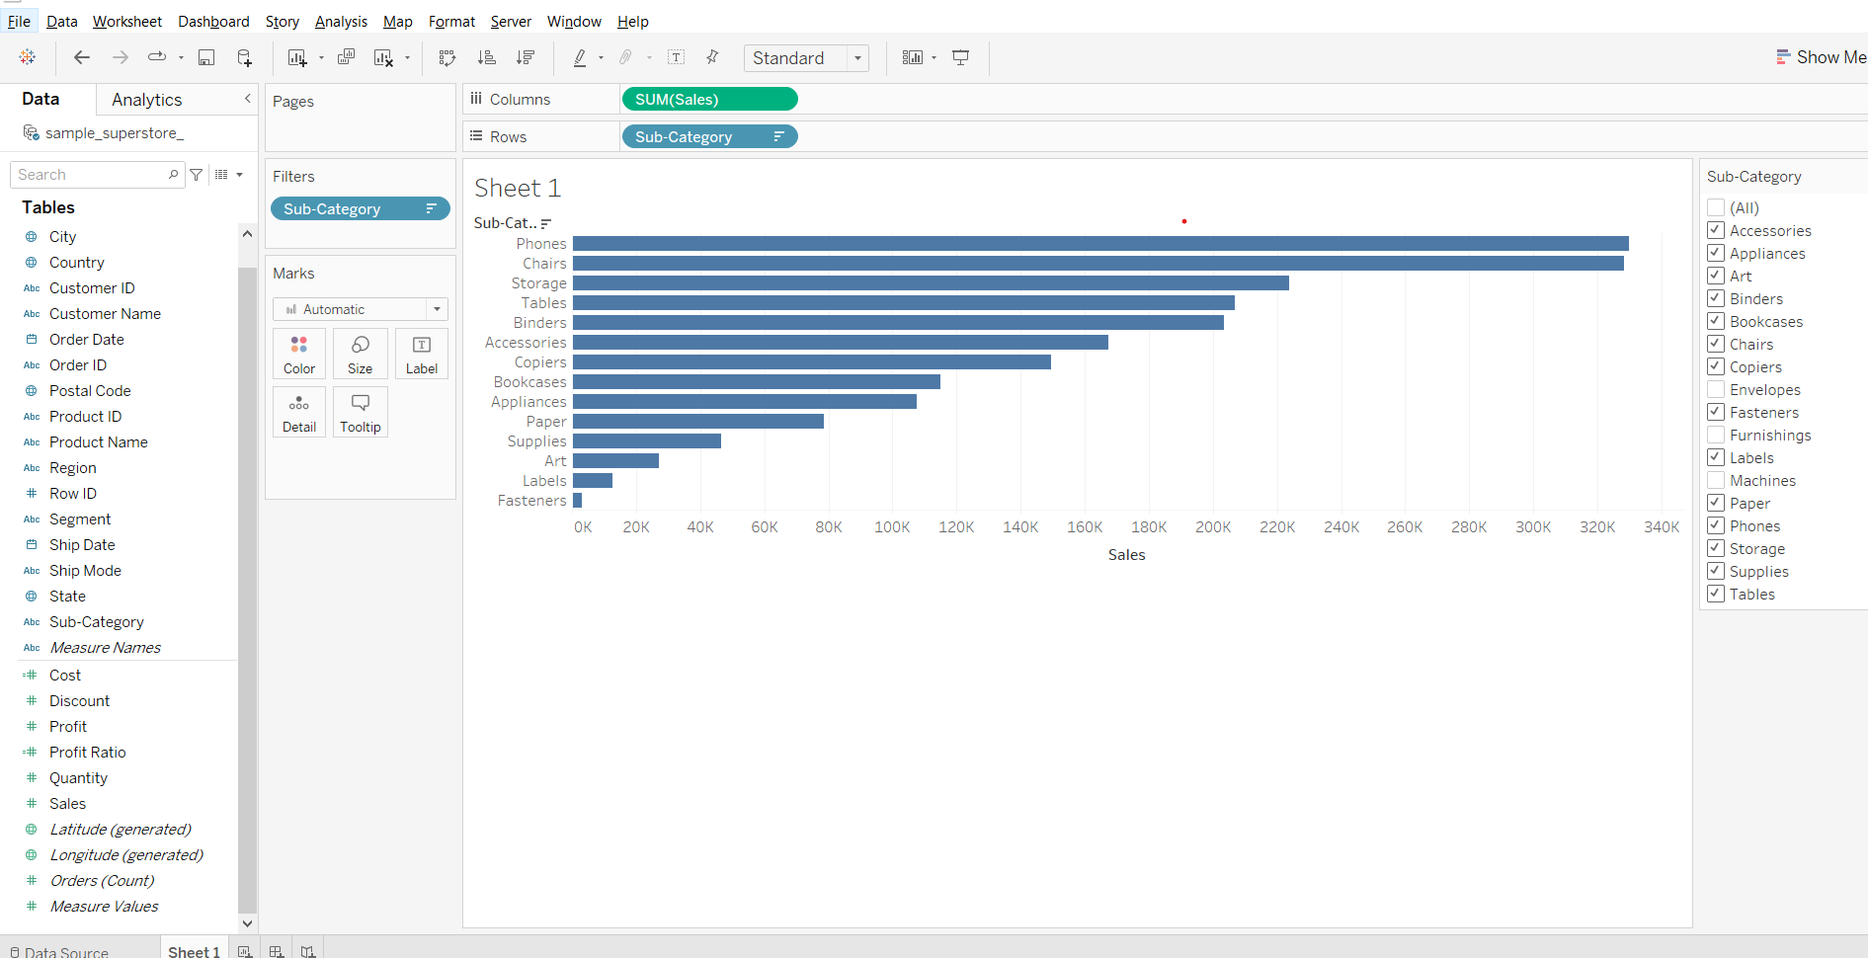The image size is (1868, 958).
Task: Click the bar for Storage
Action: [x=930, y=283]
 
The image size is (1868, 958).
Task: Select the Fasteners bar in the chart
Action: [x=578, y=501]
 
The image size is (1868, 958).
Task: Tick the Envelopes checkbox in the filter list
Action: [x=1716, y=390]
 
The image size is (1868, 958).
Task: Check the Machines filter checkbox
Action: [x=1716, y=481]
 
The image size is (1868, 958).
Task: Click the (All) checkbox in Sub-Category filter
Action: [x=1716, y=208]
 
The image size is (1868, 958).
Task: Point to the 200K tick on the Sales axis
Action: [x=1213, y=527]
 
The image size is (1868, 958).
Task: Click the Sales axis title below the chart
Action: [x=1126, y=555]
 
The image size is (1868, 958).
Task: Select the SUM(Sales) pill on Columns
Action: [x=708, y=100]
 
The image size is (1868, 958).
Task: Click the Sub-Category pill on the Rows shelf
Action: [x=708, y=137]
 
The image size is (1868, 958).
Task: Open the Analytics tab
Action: [x=146, y=100]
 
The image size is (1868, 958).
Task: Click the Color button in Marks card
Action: [x=299, y=354]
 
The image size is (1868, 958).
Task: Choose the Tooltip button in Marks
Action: [x=360, y=412]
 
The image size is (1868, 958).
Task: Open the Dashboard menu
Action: [x=213, y=22]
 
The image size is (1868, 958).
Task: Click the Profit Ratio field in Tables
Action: [x=88, y=753]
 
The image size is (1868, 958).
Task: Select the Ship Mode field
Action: [x=85, y=571]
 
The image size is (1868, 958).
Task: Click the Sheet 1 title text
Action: [x=518, y=188]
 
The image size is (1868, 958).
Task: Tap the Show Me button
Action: [x=1821, y=57]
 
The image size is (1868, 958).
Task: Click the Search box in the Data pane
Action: [x=92, y=175]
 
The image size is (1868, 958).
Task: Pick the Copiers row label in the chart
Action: [x=540, y=362]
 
